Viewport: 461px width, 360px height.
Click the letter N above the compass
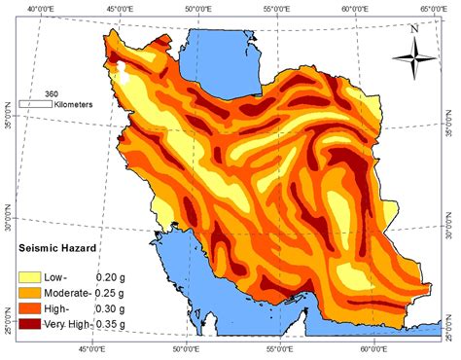coord(415,29)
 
